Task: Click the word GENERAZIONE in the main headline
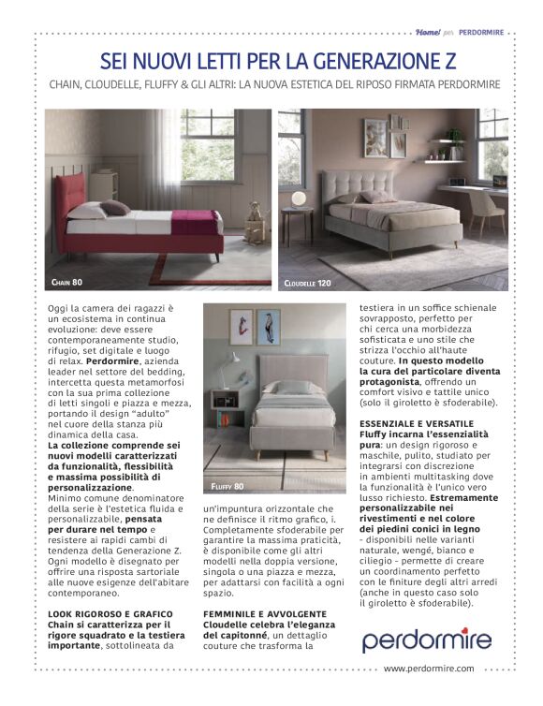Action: (x=361, y=62)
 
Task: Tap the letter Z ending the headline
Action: (x=449, y=62)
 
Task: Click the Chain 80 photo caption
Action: (x=65, y=281)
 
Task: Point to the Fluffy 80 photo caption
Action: (x=227, y=486)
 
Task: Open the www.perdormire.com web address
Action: (x=428, y=669)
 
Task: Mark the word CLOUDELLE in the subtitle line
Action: (x=135, y=85)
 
